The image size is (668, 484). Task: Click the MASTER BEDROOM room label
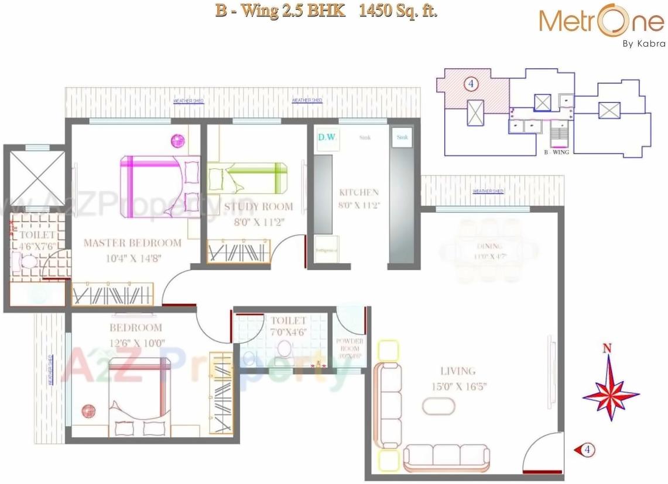(x=132, y=243)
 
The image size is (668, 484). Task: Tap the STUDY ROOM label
(x=258, y=206)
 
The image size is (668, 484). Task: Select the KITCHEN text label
(x=359, y=192)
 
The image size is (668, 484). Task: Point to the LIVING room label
(x=458, y=371)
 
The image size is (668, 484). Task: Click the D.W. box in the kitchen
(x=324, y=138)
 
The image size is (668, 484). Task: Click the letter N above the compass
(x=608, y=349)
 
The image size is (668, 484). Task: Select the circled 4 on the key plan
(x=470, y=84)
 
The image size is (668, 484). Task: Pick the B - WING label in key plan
(x=556, y=152)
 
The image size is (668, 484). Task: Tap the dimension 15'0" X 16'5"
(x=458, y=386)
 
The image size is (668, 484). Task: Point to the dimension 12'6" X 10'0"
(x=136, y=343)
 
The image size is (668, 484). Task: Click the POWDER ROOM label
(x=349, y=344)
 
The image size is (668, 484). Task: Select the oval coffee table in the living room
(x=439, y=406)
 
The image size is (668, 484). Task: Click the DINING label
(x=489, y=246)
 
